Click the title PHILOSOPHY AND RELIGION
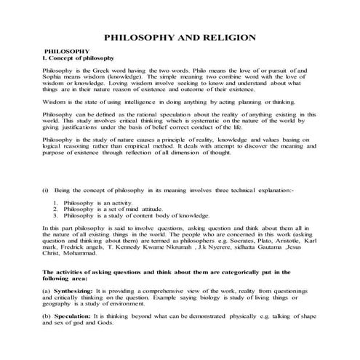(x=180, y=36)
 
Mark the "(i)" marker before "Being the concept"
(x=47, y=190)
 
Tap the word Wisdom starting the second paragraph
(x=57, y=103)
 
